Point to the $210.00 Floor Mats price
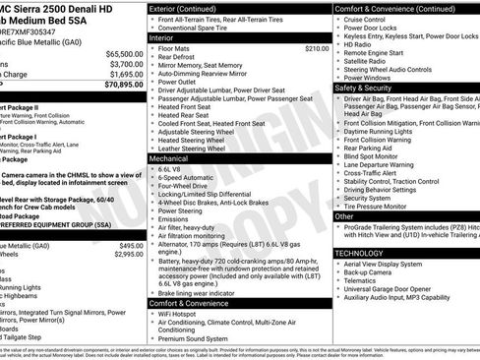(x=317, y=47)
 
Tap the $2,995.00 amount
(x=124, y=254)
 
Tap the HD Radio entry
(x=360, y=44)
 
